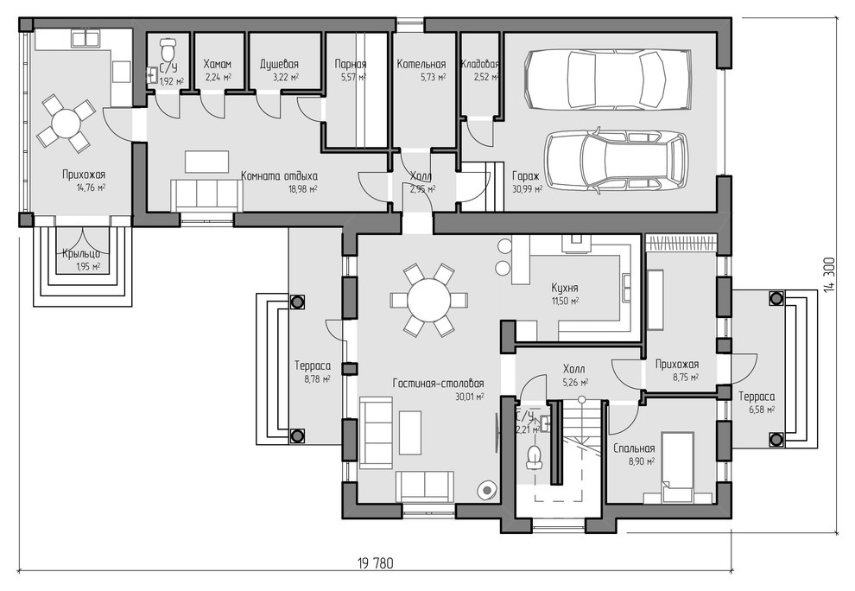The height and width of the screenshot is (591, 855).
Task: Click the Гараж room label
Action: coord(526,176)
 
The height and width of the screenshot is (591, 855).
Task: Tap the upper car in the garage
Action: coord(609,79)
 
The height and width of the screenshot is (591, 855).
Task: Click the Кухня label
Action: coord(564,288)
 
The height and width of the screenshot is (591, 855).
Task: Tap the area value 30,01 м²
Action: coord(469,397)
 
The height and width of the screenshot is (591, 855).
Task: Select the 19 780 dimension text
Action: coord(375,563)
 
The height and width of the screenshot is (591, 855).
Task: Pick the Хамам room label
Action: coord(217,64)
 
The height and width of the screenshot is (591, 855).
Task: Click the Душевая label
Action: coord(279,65)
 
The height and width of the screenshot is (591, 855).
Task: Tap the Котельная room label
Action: coord(421,64)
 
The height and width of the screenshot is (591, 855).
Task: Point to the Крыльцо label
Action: coord(80,254)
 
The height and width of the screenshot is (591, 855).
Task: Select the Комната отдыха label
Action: coord(279,176)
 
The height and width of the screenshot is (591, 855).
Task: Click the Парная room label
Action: coord(350,64)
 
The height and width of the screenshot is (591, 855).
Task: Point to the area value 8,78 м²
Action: coord(316,378)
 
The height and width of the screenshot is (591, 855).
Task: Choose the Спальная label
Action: coord(634,448)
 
